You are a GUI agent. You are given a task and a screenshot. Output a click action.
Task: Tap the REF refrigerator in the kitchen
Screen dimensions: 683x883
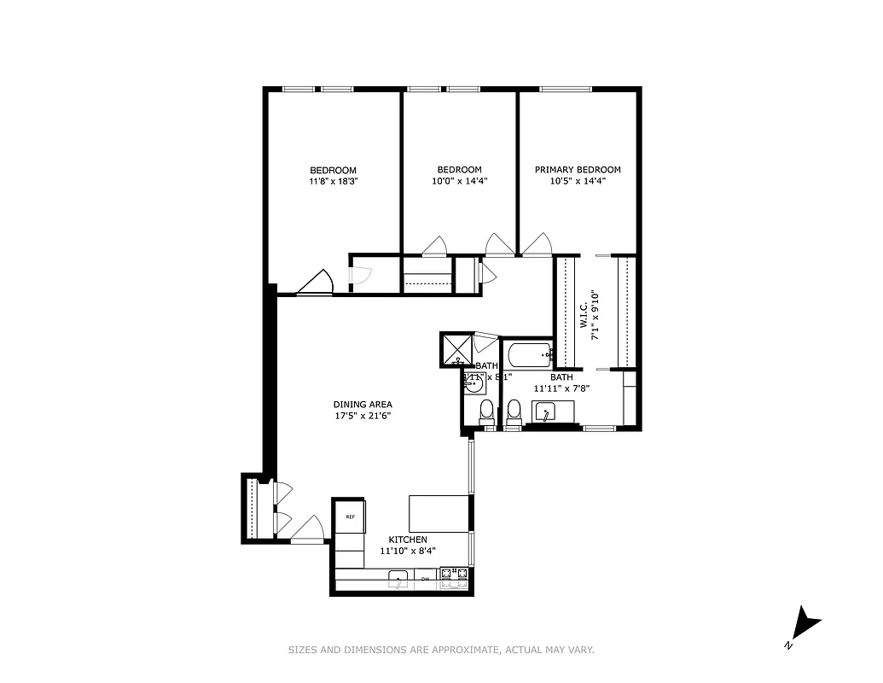click(x=350, y=517)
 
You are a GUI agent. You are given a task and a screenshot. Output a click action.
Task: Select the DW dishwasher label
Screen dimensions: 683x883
click(x=425, y=579)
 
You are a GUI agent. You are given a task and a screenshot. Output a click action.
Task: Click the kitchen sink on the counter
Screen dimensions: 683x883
click(x=398, y=581)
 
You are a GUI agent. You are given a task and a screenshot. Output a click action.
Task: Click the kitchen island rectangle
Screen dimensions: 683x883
click(x=439, y=513)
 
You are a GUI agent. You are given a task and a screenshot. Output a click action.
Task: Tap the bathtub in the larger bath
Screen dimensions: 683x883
click(x=529, y=354)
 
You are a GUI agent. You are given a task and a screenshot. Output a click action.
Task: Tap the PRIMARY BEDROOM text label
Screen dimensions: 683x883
click(x=578, y=170)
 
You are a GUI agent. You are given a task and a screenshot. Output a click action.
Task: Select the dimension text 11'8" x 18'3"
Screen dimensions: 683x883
click(x=333, y=181)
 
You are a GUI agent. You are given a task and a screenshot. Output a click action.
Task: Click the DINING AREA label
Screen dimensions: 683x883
click(x=363, y=405)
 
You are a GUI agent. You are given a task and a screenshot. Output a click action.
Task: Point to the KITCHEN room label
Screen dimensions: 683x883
click(x=408, y=540)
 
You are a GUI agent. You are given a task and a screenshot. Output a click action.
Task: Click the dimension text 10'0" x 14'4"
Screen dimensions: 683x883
click(x=459, y=181)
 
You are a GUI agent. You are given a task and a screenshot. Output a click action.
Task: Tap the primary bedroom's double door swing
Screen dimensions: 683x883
click(x=537, y=245)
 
